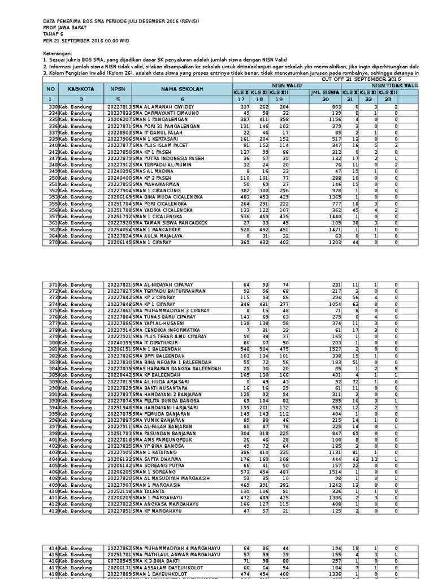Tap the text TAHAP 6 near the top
pyautogui.click(x=54, y=34)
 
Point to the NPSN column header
pyautogui.click(x=117, y=89)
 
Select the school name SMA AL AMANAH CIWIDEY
pyautogui.click(x=163, y=106)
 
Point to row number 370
pyautogui.click(x=54, y=242)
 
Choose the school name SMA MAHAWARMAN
pyautogui.click(x=155, y=184)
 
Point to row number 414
pyautogui.click(x=54, y=548)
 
